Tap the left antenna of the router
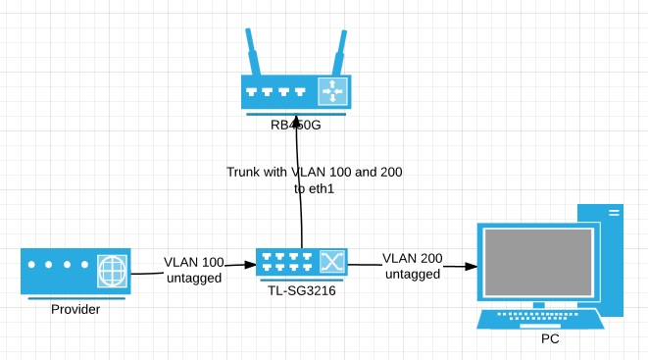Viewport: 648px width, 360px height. pos(253,55)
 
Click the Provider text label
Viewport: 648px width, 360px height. pos(76,310)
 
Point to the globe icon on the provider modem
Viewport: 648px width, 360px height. pos(112,271)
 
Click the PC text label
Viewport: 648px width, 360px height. pos(551,338)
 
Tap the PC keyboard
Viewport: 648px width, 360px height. pos(539,319)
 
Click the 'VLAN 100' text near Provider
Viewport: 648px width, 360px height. pos(193,263)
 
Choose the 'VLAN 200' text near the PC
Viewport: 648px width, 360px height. pos(412,259)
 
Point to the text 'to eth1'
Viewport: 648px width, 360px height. pos(314,188)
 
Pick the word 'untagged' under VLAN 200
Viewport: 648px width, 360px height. pos(412,275)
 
